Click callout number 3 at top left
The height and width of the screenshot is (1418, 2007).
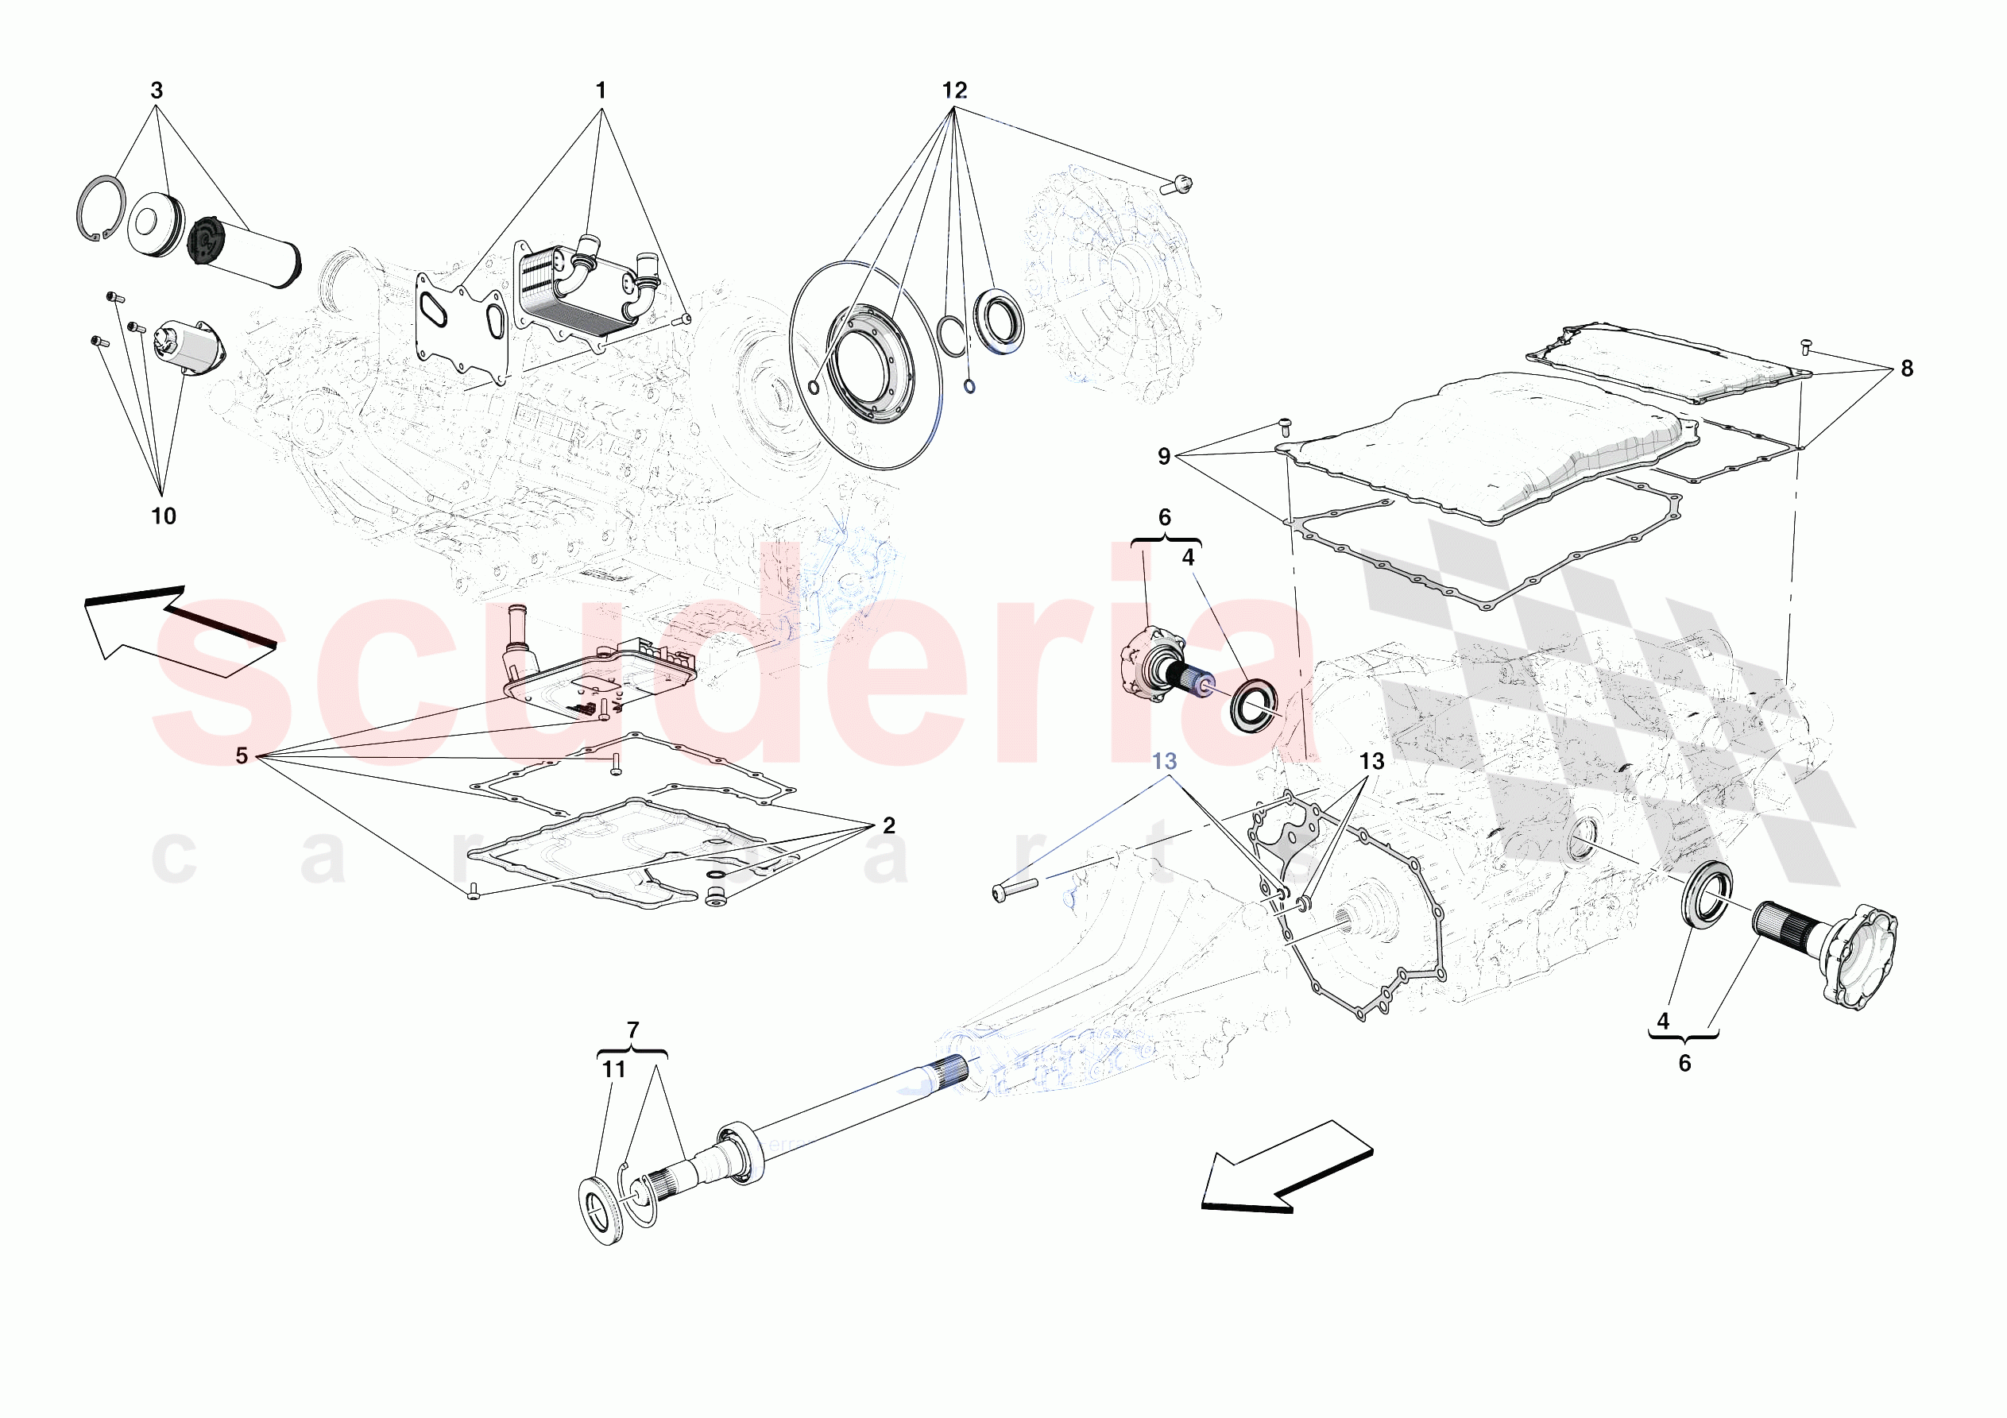pos(157,90)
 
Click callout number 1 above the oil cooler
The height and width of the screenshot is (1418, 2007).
pos(601,90)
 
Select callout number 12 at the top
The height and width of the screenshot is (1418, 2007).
pos(954,90)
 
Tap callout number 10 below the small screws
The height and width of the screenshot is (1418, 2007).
pos(164,516)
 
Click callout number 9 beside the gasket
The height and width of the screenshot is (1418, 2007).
pos(1164,456)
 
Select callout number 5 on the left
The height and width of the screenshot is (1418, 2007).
pos(242,755)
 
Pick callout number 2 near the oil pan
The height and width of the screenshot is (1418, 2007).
pos(889,825)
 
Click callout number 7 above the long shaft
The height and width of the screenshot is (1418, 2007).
pos(633,1030)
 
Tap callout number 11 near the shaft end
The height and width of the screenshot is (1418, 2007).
pos(613,1069)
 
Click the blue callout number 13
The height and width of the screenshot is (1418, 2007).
pos(1164,762)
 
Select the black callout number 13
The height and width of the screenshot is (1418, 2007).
pos(1371,762)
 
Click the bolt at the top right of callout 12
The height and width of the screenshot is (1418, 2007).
pos(1176,184)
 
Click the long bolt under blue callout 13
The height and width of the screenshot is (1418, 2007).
pos(1014,890)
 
